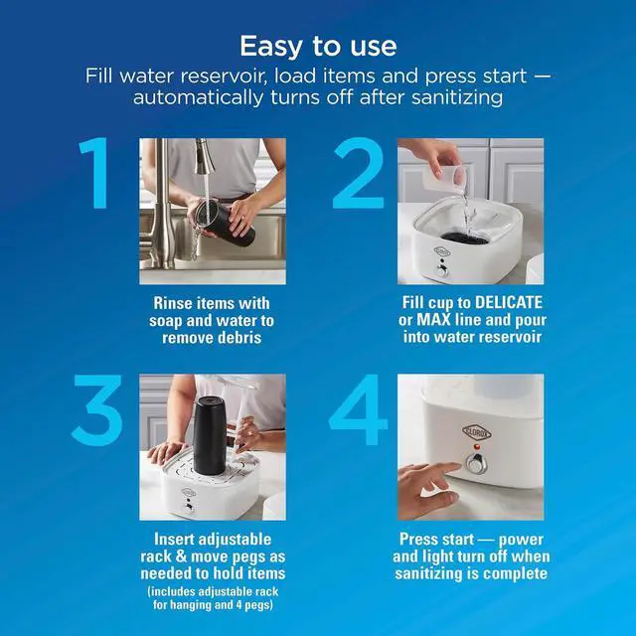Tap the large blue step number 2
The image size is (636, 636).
tap(358, 173)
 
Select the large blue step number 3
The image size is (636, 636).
tap(97, 409)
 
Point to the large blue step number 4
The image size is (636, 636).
tap(358, 409)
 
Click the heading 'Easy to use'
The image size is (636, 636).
tap(318, 46)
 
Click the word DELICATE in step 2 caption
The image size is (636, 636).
tap(508, 302)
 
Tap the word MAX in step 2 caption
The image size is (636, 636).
tap(433, 320)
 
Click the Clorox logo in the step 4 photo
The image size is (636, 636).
tap(477, 432)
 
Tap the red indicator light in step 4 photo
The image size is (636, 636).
tap(477, 447)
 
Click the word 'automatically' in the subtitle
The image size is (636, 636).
tap(198, 97)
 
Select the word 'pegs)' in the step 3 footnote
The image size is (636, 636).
tap(260, 605)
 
